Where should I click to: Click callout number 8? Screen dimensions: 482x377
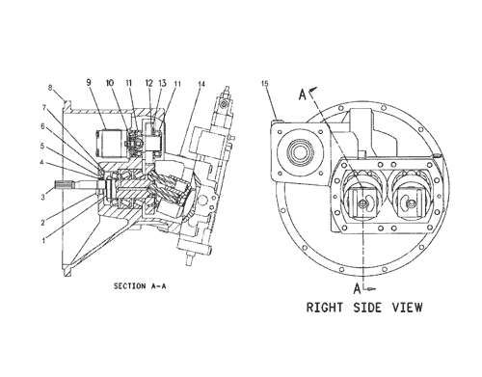coord(50,88)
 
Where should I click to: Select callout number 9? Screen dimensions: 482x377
coord(89,82)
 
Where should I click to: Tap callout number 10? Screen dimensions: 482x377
coord(110,83)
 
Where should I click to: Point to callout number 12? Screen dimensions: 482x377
coord(149,83)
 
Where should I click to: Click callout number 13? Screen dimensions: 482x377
coord(163,83)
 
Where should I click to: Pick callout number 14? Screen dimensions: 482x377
coord(201,84)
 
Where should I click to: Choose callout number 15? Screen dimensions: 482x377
coord(264,84)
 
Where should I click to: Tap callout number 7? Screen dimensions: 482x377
coord(44,108)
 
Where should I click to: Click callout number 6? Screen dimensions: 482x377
coord(42,126)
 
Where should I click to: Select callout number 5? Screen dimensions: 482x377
coord(42,146)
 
